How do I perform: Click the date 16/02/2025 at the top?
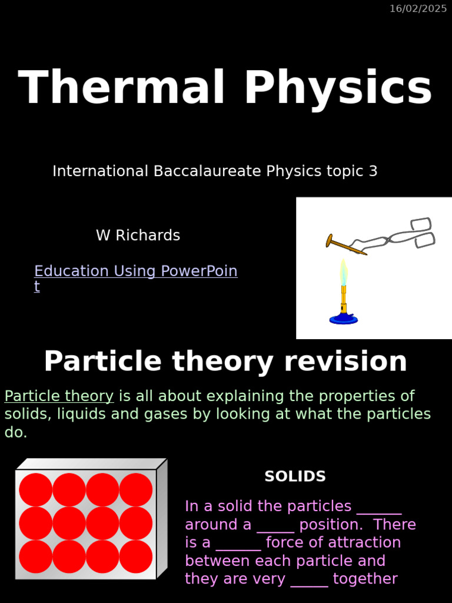(418, 8)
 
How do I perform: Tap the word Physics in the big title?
(338, 88)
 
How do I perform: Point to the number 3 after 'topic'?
(373, 171)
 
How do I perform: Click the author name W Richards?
(138, 236)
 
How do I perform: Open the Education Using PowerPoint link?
(135, 271)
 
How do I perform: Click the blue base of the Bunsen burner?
(343, 319)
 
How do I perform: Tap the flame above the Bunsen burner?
(343, 271)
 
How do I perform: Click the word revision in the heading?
(345, 362)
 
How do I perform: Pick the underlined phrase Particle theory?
(59, 396)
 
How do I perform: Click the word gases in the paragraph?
(168, 415)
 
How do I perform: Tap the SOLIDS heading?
(295, 476)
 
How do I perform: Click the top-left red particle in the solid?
(35, 490)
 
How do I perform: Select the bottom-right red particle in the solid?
(136, 556)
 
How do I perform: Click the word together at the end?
(365, 579)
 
